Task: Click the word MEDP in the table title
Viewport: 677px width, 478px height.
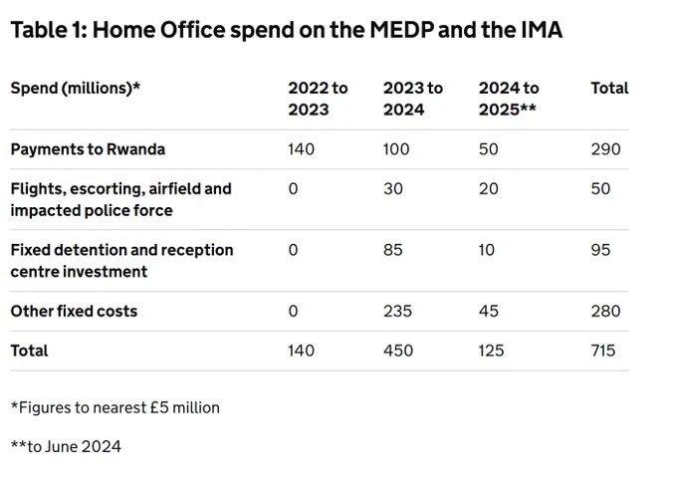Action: [402, 30]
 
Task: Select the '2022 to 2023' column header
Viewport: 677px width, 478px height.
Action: [318, 99]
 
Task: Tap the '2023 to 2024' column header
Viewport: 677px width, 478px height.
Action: [413, 99]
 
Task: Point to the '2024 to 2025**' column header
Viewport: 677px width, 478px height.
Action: [509, 99]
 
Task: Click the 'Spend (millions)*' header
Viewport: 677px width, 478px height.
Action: [76, 89]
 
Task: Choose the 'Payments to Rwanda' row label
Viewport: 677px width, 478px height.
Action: [88, 149]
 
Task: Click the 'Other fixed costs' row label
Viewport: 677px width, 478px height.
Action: [74, 312]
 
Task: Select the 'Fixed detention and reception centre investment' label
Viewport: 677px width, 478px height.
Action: [121, 261]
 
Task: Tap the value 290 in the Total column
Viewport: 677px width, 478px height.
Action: [605, 149]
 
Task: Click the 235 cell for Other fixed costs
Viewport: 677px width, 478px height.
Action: [397, 312]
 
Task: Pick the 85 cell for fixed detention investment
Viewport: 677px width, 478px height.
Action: [393, 250]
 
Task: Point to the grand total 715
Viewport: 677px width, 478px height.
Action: [603, 351]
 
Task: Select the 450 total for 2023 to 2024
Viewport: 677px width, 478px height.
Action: [398, 351]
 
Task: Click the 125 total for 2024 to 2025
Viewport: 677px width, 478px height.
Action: [492, 351]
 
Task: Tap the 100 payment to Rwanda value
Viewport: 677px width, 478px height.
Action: [396, 149]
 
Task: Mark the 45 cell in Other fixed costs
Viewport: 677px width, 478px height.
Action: [489, 312]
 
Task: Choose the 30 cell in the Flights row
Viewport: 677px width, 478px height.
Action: [393, 188]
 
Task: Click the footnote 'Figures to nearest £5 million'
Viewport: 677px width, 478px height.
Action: [115, 407]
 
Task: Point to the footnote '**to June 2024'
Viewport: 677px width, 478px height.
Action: [66, 446]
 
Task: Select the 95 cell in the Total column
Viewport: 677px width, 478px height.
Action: [600, 250]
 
